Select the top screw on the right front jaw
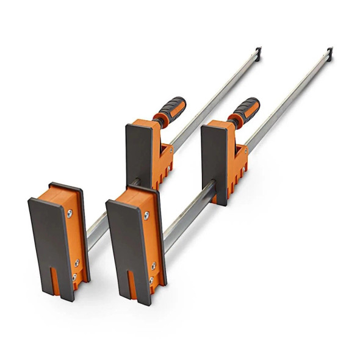point(146,215)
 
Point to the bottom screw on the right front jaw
point(151,279)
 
